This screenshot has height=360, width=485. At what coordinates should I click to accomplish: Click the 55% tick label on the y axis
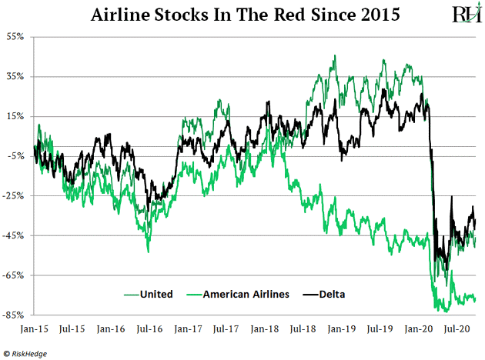coord(15,36)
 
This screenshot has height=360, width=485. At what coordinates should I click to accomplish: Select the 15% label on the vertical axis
coord(15,116)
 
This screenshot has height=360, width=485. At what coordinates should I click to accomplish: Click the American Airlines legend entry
coord(247,293)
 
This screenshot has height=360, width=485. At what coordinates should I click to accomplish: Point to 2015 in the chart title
coord(378,15)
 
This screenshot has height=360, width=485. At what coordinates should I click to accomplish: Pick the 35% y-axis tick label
coord(15,76)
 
